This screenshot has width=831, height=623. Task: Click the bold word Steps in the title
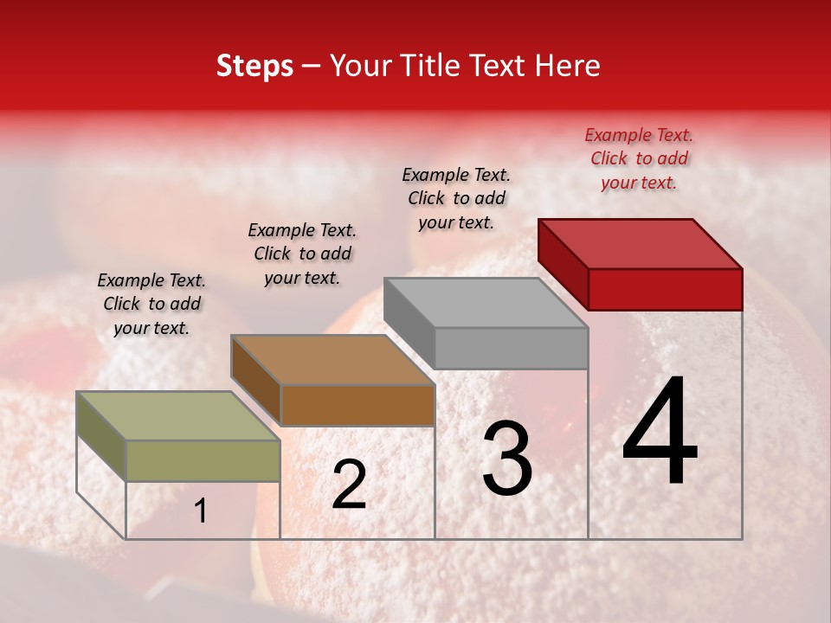254,66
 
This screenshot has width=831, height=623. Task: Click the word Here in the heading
568,66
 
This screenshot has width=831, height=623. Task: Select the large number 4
660,433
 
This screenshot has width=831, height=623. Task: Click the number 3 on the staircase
507,459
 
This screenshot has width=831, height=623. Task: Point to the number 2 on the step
349,485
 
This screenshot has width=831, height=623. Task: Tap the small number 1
200,511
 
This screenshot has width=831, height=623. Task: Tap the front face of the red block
665,289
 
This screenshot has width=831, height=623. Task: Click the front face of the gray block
511,348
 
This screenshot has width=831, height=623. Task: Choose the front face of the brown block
358,405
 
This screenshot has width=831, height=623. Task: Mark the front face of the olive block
203,460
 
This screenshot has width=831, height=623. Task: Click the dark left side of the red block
564,264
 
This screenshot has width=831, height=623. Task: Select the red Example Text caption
639,158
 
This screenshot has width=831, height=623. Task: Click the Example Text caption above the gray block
456,198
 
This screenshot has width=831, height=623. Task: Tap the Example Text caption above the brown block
302,254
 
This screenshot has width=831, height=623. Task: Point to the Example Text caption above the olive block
151,304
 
